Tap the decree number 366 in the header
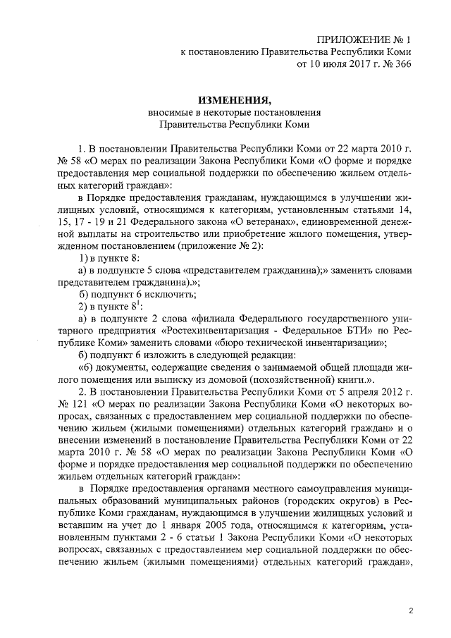click(x=400, y=64)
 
